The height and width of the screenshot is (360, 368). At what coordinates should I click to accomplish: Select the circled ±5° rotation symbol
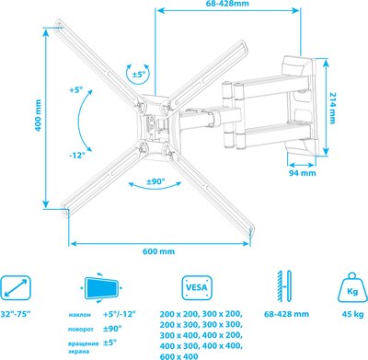click(138, 75)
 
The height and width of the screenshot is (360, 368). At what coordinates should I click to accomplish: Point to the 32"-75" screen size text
click(21, 315)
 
